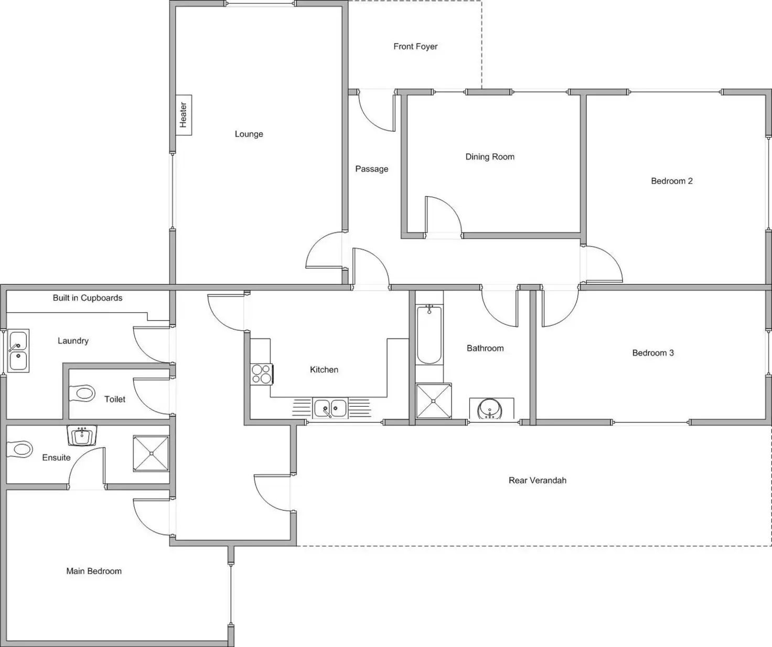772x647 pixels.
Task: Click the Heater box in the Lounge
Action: point(184,115)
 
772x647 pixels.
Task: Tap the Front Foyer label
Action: point(415,46)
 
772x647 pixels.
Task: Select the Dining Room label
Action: point(489,157)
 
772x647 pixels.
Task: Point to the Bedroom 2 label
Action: point(671,181)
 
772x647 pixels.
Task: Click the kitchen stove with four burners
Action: point(262,374)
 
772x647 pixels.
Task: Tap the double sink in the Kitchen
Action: point(330,408)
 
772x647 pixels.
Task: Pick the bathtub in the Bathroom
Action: point(429,335)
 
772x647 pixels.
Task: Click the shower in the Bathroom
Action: point(434,401)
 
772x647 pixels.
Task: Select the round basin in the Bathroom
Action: point(490,409)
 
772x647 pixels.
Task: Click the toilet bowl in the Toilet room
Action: point(82,394)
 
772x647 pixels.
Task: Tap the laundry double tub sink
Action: point(18,351)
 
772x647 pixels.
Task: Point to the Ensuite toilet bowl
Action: point(19,450)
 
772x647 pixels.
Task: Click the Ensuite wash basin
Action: point(82,436)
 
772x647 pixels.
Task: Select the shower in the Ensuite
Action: point(151,453)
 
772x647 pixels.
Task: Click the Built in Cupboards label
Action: point(88,298)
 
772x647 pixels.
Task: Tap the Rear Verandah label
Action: point(537,480)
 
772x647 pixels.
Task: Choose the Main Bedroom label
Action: point(94,571)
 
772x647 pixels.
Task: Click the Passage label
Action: point(372,169)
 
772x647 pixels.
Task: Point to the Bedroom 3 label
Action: point(653,353)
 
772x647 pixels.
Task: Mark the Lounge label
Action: point(249,134)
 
